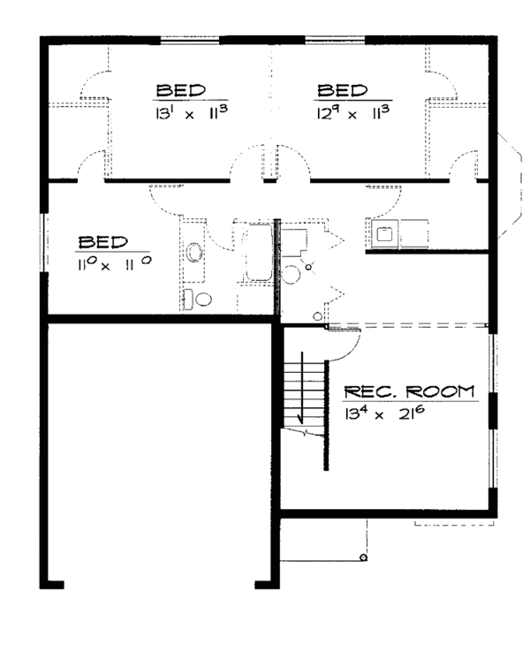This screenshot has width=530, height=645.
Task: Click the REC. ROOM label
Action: pos(407,391)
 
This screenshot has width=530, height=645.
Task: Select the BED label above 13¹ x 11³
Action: pos(181,91)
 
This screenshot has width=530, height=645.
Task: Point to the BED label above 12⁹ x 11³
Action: pos(342,91)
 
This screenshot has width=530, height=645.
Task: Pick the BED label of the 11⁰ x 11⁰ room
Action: pos(102,241)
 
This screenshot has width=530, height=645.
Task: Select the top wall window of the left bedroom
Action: pos(189,40)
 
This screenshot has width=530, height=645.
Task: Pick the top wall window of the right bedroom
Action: pos(335,40)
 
